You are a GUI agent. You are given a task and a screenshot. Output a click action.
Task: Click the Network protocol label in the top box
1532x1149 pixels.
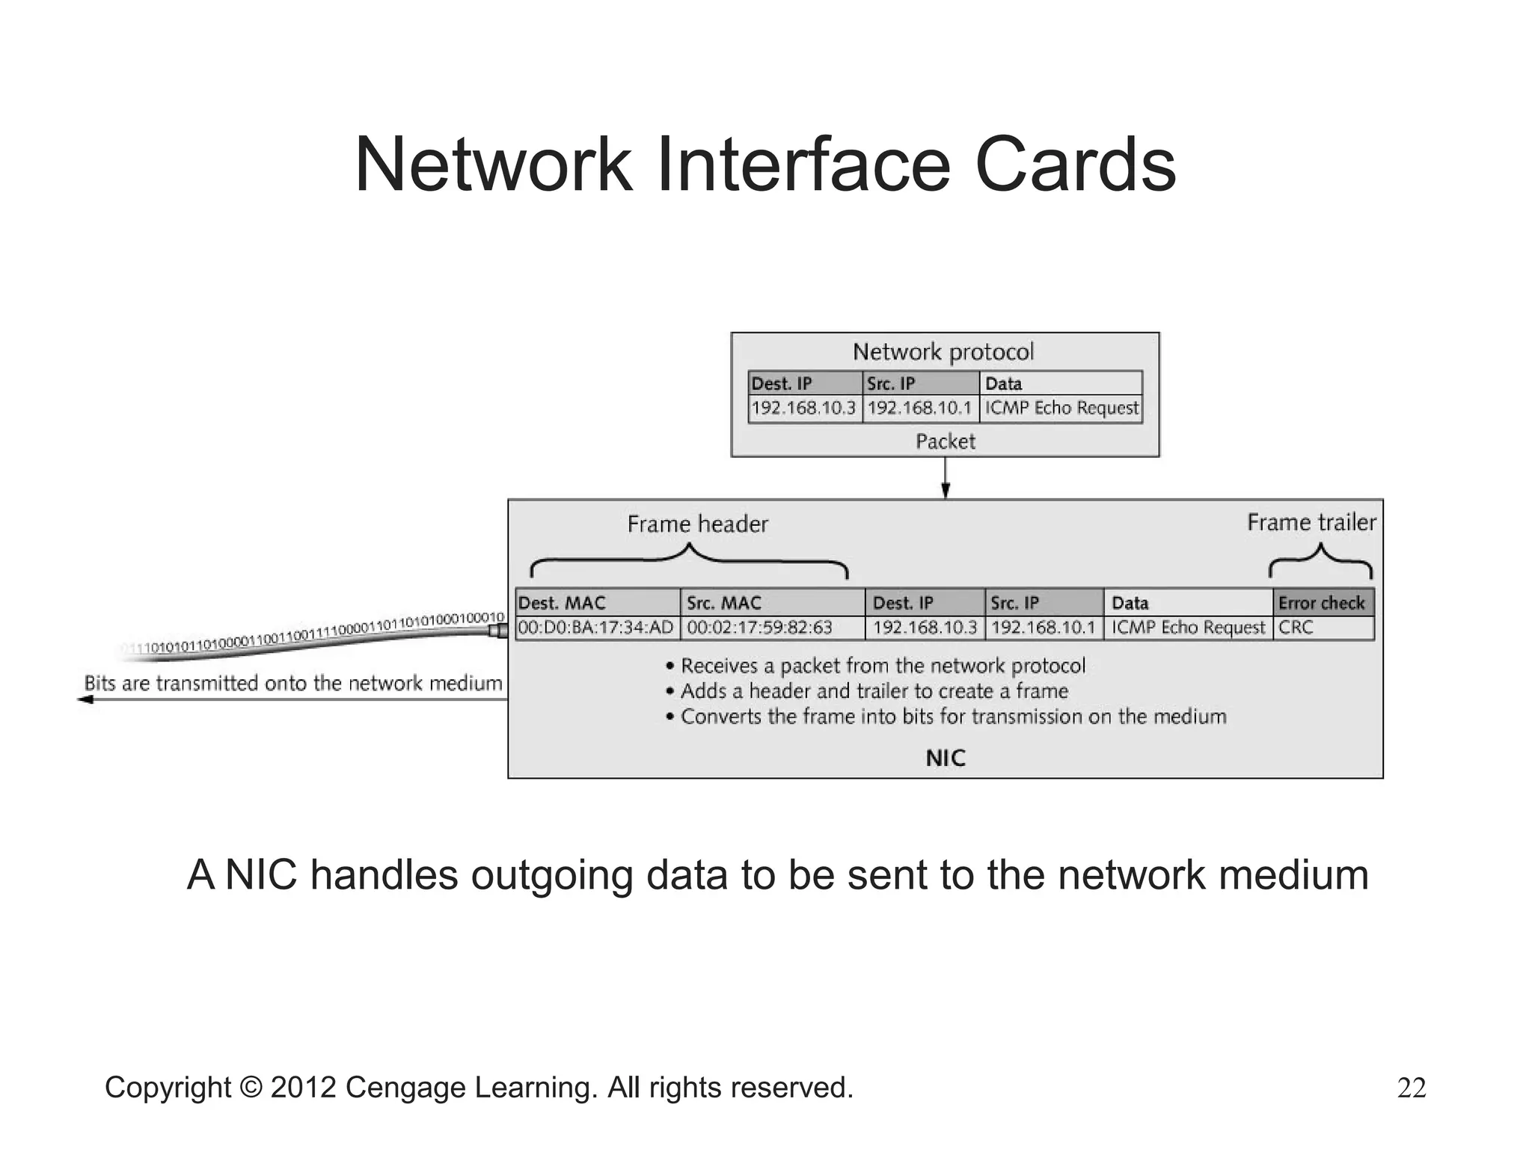coord(943,352)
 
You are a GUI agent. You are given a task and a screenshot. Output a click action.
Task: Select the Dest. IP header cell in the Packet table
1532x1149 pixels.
coord(804,384)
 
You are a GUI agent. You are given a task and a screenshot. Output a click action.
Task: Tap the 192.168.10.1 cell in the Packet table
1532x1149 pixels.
coord(920,408)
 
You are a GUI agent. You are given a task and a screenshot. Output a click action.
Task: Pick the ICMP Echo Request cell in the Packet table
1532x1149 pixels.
coord(1061,408)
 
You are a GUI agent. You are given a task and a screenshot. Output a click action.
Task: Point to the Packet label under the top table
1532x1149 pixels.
coord(946,441)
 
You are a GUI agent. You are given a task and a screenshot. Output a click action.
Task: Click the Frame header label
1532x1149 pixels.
coord(697,524)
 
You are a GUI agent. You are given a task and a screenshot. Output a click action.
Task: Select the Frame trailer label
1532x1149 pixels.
coord(1311,522)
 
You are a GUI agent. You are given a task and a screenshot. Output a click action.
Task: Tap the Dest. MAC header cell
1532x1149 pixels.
coord(597,603)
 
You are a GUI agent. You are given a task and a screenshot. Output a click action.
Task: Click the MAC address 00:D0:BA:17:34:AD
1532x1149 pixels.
coord(596,628)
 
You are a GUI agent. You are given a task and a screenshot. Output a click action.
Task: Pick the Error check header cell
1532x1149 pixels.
coord(1322,603)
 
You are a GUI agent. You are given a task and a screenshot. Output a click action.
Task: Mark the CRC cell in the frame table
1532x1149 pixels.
coord(1322,628)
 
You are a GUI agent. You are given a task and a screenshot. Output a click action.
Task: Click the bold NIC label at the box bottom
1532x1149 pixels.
coord(946,759)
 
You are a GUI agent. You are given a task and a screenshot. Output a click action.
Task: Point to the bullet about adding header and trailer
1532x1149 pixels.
coord(874,691)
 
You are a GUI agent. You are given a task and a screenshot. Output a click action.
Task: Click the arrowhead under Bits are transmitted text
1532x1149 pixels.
coord(85,699)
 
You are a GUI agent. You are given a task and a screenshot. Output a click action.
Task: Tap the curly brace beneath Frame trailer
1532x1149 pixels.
coord(1320,561)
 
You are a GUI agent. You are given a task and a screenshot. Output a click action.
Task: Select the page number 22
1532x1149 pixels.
coord(1412,1088)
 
